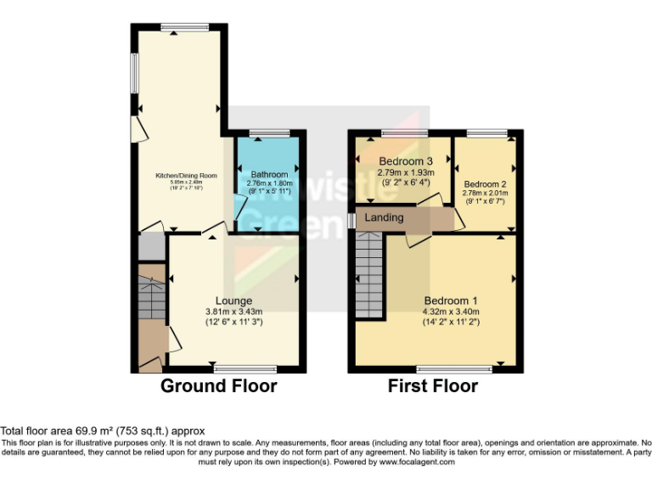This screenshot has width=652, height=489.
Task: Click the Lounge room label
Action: point(233,301)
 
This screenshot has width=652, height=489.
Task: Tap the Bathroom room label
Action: point(269,174)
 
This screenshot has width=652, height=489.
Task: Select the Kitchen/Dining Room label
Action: point(186,176)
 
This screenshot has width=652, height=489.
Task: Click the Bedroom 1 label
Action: point(451,301)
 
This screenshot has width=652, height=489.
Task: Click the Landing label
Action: point(384,218)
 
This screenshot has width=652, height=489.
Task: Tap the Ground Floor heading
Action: point(219,386)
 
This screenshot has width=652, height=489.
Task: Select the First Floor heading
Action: point(433,386)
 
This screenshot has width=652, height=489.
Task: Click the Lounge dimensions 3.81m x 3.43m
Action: point(233,312)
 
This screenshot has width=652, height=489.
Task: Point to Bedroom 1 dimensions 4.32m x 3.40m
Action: point(451,312)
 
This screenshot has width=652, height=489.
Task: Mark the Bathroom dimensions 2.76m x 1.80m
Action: point(269,183)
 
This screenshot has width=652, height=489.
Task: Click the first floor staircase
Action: point(369,276)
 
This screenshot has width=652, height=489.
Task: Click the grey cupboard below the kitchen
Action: point(150,246)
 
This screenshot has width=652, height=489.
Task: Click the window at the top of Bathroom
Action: point(269,132)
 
